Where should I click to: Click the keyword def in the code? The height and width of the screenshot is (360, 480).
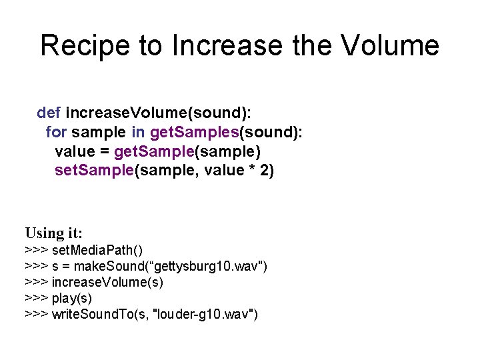pos(49,111)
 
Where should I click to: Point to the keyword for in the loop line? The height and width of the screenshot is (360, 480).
pos(56,131)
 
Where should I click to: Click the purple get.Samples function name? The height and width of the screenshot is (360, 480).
pos(195,131)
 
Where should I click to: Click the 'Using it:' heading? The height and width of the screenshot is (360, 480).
pos(54,233)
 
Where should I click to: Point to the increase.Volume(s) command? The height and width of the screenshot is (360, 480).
pos(107,282)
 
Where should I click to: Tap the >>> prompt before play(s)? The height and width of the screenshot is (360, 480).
pos(36,298)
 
